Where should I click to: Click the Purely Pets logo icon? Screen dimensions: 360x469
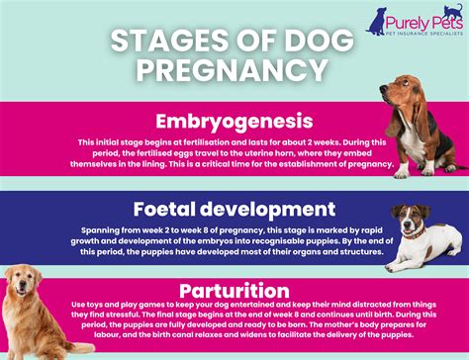pyautogui.click(x=378, y=20)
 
